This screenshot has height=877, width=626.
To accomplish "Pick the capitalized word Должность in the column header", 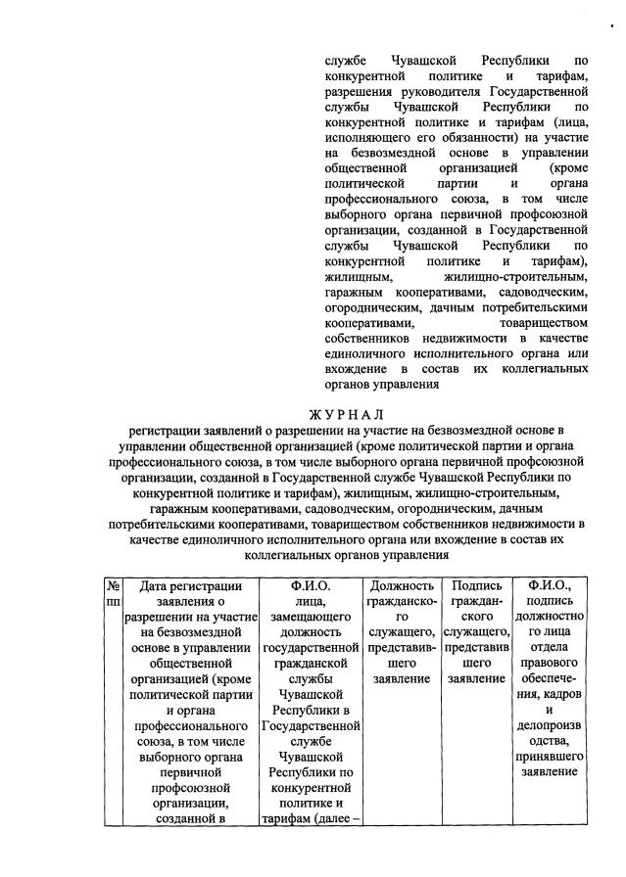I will click(x=403, y=585).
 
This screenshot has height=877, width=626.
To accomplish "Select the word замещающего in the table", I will click(x=312, y=619).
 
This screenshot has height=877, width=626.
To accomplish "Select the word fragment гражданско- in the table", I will click(x=403, y=601).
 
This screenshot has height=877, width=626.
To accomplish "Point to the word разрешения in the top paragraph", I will click(x=360, y=90).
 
